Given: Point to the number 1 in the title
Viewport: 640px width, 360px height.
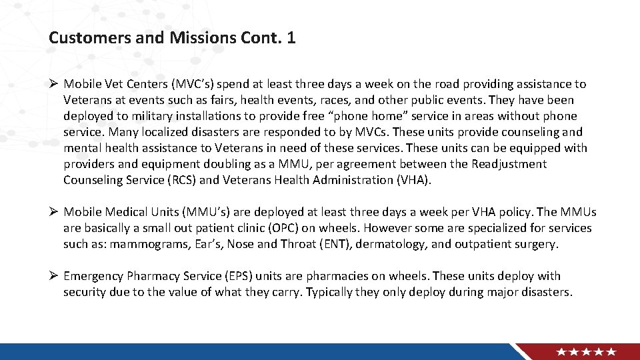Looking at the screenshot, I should pos(291,38).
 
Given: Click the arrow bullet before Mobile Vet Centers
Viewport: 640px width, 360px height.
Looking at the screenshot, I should pos(53,84).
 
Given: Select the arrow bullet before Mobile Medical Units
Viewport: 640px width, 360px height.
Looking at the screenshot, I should pos(53,212).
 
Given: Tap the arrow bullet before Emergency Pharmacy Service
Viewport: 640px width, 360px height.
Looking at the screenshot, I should pos(53,276).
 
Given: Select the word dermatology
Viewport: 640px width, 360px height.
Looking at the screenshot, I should pos(390,244).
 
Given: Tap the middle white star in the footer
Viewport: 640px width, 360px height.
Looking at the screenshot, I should pos(587,351).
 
